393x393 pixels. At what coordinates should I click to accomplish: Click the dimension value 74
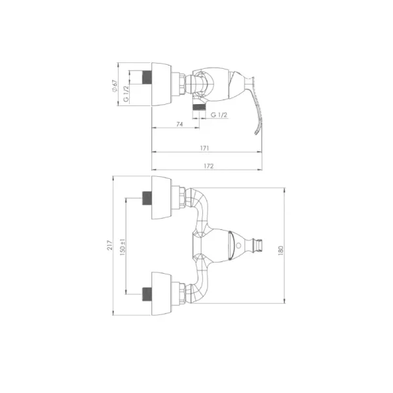point(179,124)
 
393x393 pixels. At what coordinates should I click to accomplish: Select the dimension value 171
point(204,148)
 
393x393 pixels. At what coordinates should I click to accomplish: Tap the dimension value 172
point(208,166)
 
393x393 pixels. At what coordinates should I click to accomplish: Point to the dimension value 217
point(110,245)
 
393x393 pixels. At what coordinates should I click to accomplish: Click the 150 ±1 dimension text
point(122,247)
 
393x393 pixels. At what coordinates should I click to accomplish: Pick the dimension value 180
point(280,251)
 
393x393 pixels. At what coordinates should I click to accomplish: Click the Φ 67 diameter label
point(115,86)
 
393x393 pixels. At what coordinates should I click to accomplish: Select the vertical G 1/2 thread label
point(126,94)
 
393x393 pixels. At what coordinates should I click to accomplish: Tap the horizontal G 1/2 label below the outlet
point(219,115)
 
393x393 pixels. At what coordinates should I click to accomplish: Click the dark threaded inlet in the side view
point(147,77)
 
